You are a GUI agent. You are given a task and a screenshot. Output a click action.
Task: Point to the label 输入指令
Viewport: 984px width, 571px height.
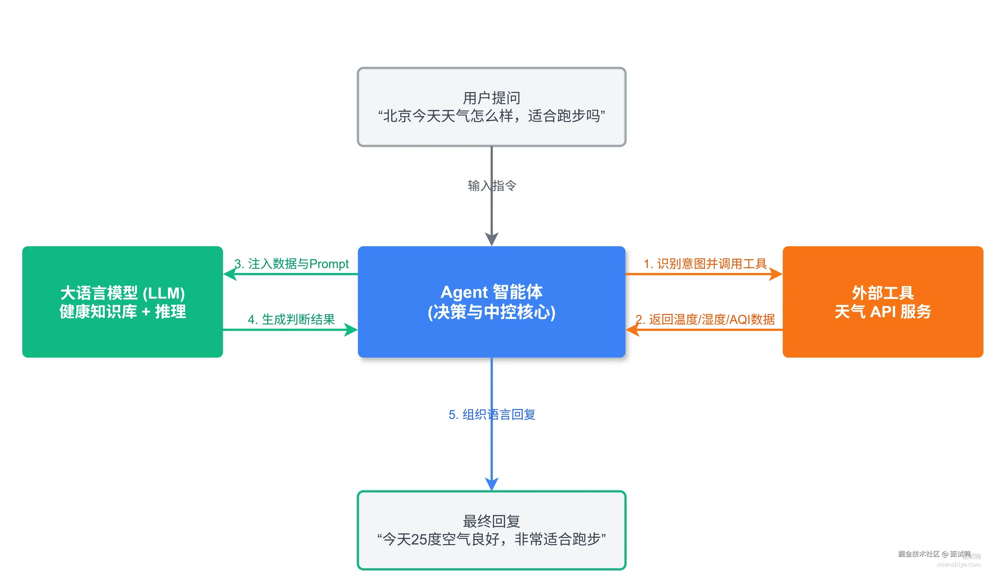492,186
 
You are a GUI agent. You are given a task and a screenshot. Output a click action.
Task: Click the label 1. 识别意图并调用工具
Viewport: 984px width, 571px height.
705,264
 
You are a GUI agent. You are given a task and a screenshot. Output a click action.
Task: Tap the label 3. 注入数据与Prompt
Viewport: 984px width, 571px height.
291,264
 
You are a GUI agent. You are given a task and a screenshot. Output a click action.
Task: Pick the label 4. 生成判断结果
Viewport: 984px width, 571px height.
291,319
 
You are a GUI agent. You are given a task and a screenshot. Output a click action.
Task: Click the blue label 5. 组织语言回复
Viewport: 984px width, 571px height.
492,414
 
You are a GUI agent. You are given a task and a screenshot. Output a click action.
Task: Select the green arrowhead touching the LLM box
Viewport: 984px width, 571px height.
230,274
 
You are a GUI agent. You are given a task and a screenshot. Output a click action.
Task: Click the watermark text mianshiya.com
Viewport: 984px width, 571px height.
958,564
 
